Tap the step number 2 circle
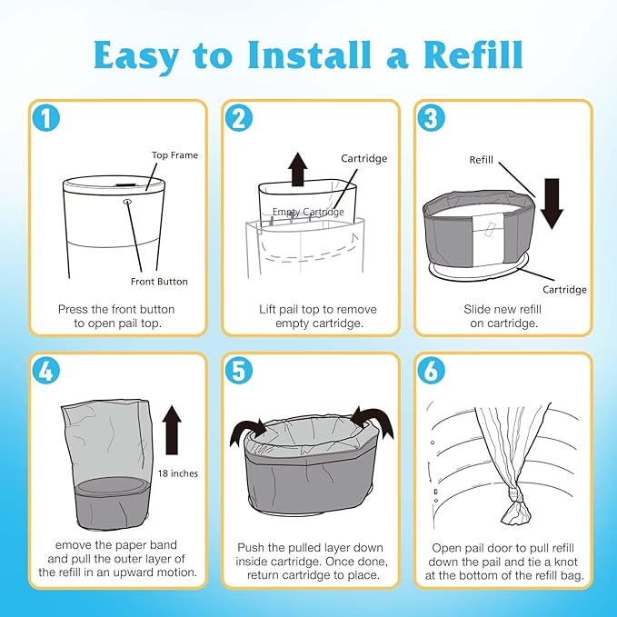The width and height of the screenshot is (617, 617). click(x=239, y=118)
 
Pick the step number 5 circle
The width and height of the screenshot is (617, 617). click(x=239, y=371)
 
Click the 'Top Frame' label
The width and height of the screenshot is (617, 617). click(x=174, y=155)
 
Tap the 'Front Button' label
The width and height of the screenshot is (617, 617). click(x=159, y=281)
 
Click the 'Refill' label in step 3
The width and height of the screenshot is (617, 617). click(x=482, y=159)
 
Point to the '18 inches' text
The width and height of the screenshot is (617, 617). click(x=177, y=473)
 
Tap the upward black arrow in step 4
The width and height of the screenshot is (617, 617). click(x=172, y=431)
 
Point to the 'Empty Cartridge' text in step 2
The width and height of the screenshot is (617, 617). click(x=308, y=212)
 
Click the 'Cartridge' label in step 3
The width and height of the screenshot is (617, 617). click(x=564, y=290)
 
